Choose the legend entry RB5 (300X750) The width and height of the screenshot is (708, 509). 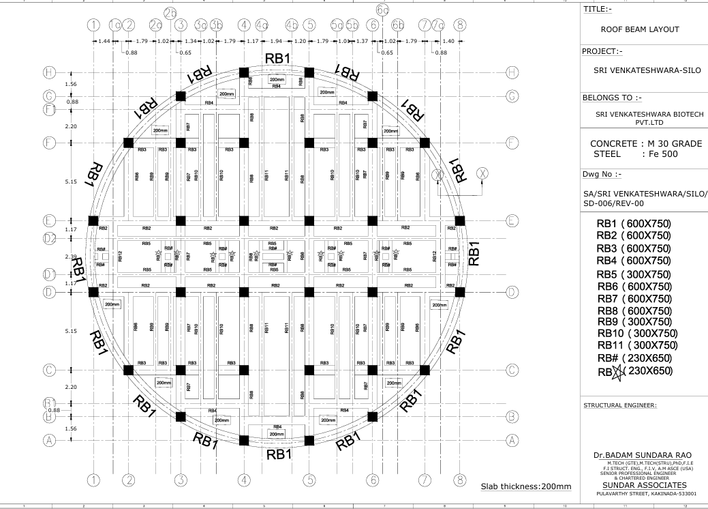pos(634,274)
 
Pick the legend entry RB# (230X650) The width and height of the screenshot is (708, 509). pos(634,358)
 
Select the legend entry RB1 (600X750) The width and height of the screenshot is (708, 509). pos(634,223)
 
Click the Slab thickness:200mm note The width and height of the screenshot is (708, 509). pos(526,486)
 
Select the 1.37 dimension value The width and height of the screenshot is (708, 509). pos(361,42)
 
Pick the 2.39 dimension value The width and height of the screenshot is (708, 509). pos(70,257)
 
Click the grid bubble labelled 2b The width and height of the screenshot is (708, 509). pos(170,12)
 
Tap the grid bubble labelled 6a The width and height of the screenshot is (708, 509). pos(383,10)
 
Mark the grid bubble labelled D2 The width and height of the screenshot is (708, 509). pos(49,238)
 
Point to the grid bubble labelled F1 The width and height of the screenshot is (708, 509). pos(49,109)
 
